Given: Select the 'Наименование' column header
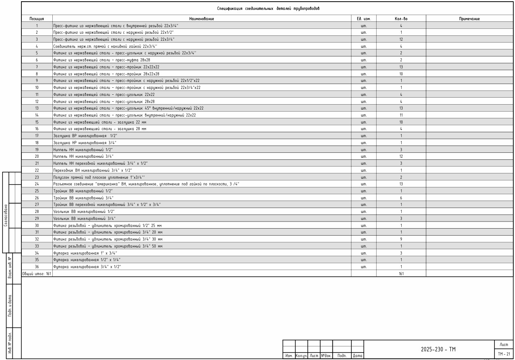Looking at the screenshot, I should [201, 19].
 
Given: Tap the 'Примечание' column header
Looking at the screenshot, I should [469, 19].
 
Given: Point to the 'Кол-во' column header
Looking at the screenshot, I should [401, 19].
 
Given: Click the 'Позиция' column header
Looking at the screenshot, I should [37, 19].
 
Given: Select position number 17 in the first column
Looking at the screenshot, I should [37, 136].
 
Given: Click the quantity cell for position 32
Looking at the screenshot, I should [401, 239].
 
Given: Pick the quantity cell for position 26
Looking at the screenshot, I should [401, 198].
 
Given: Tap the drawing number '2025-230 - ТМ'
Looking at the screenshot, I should [438, 350].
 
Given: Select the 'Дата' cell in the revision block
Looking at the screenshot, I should [357, 355].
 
